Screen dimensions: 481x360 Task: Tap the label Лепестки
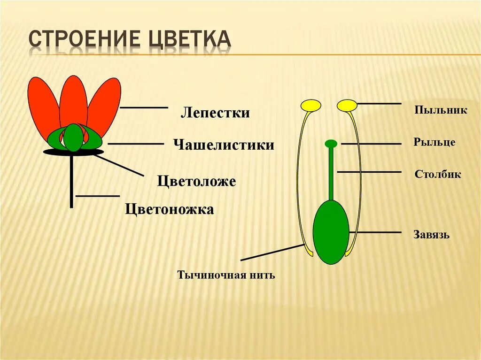coord(215,113)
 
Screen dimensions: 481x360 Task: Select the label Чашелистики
coord(224,145)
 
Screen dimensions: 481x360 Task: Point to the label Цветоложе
coord(196,181)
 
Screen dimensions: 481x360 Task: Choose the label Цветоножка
coord(170,209)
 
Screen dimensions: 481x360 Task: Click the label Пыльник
coord(441,110)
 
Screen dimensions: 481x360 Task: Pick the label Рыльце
coord(434,142)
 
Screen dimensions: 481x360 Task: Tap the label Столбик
coord(438,175)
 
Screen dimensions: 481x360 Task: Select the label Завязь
coord(431,235)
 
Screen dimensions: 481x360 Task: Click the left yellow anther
coord(311,106)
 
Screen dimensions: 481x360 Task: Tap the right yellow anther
coord(347,106)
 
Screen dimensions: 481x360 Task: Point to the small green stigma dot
coord(331,143)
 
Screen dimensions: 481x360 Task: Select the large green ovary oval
coord(331,232)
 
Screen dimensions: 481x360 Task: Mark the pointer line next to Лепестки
coord(144,107)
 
